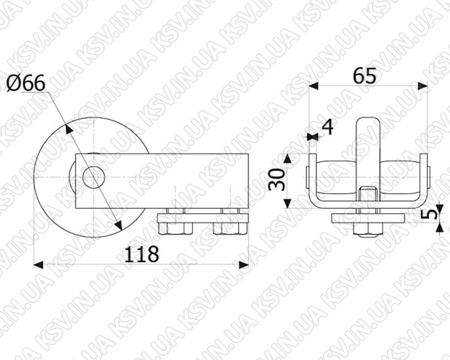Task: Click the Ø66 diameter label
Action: [26, 83]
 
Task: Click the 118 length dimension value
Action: [141, 254]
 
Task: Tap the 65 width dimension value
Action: [364, 76]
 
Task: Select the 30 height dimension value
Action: [277, 180]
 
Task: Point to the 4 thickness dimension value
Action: [328, 127]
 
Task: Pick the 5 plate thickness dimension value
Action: [430, 214]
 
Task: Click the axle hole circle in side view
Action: [94, 177]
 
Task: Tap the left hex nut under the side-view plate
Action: [175, 229]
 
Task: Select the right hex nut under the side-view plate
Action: [230, 229]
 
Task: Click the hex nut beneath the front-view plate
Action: [368, 229]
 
